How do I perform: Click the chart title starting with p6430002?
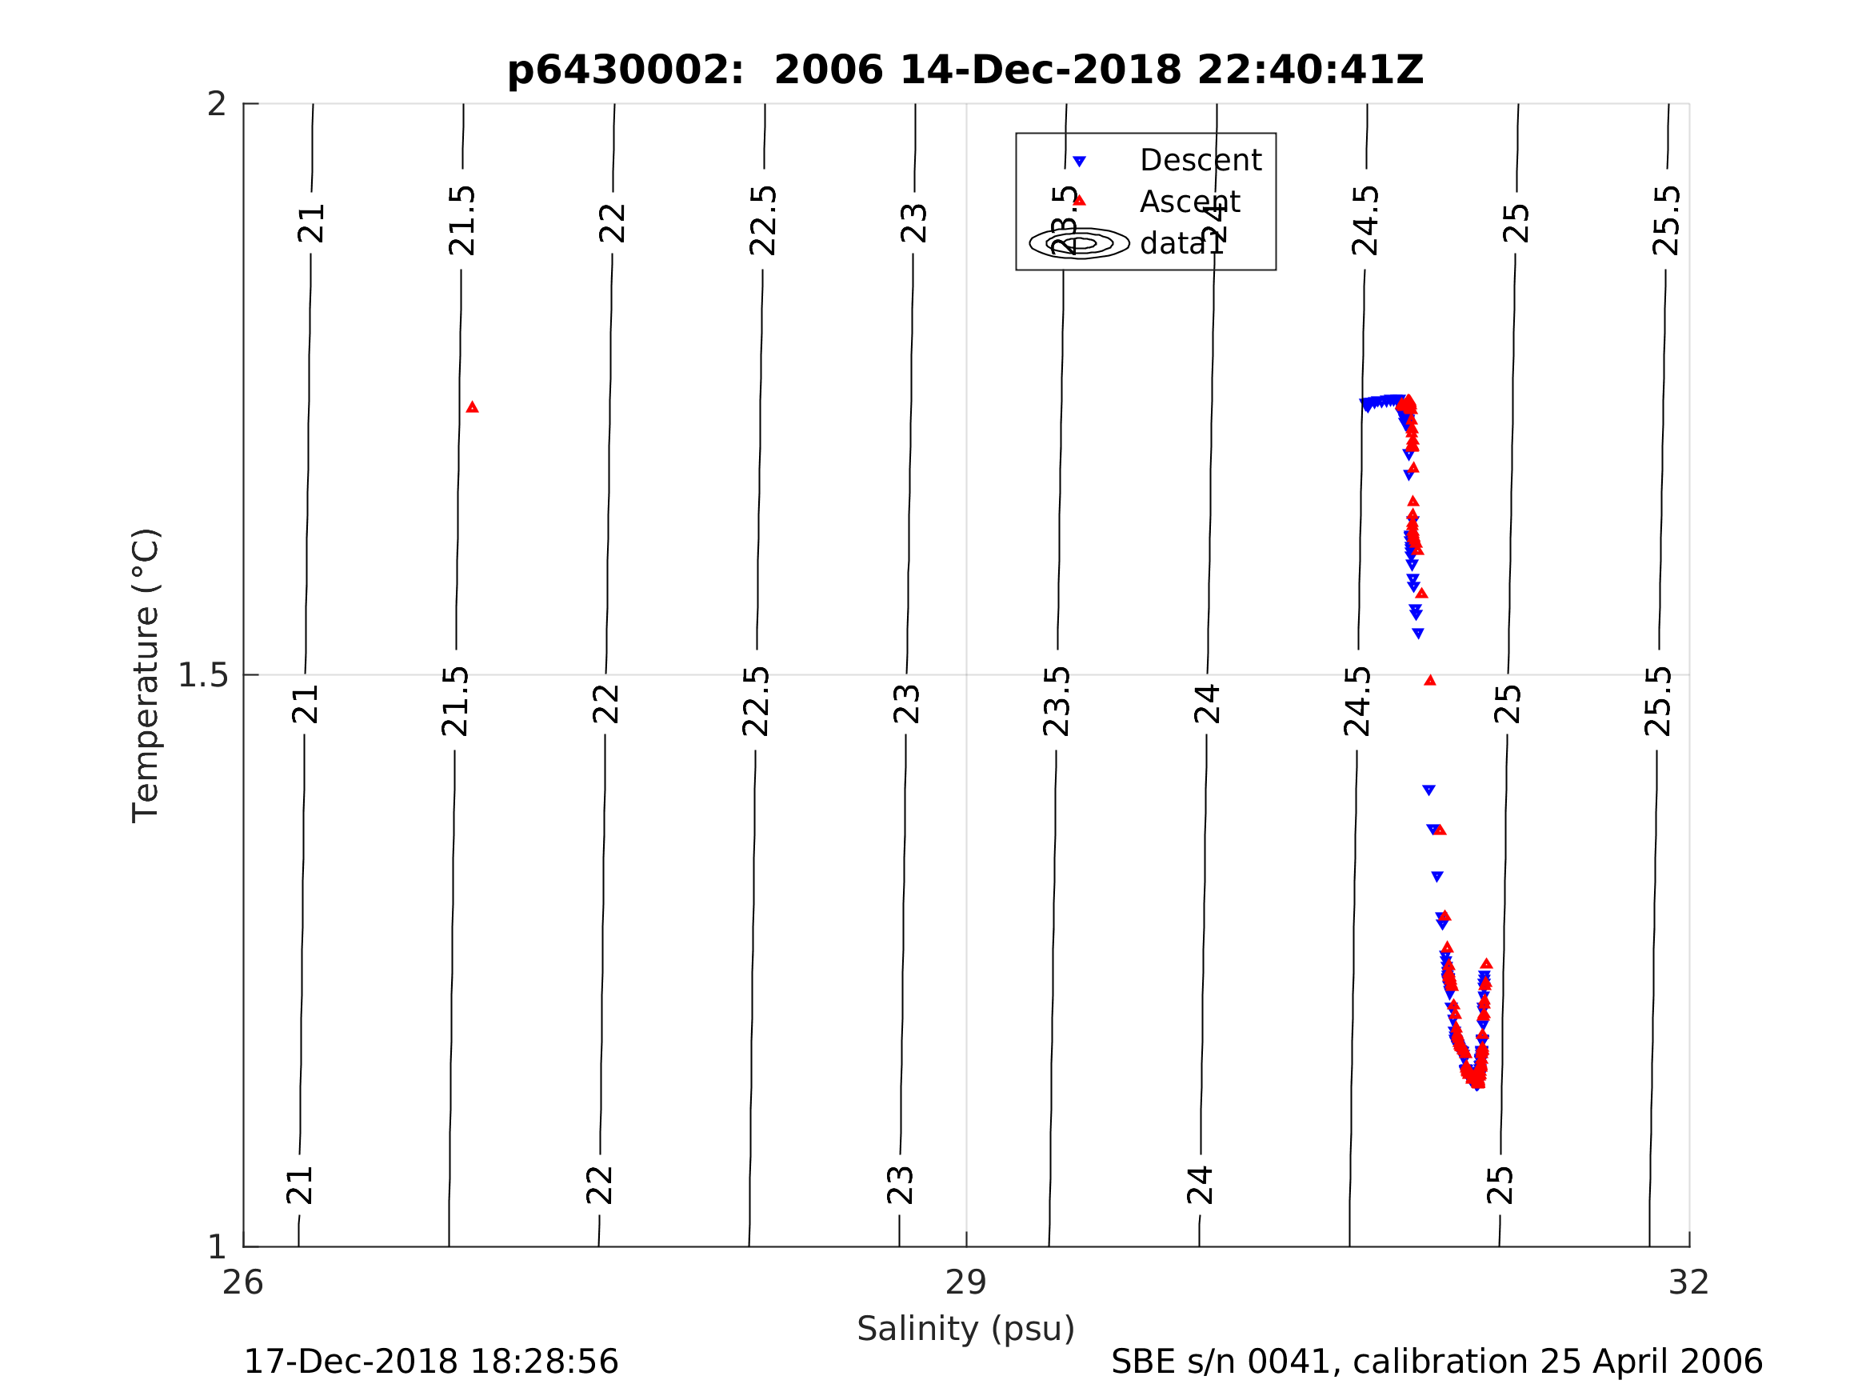pos(965,70)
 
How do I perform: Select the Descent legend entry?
pos(1200,160)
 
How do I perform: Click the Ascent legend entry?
pos(1189,202)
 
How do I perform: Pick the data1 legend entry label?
pos(1181,244)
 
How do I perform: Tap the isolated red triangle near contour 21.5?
pos(473,407)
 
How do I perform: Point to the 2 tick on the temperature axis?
pos(218,105)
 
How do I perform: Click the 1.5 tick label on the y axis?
pos(203,675)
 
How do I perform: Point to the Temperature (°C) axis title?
pos(146,675)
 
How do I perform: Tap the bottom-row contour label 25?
pos(1500,1185)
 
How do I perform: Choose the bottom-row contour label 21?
pos(300,1185)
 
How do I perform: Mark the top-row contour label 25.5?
pos(1667,221)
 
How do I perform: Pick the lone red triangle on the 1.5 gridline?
pos(1430,680)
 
